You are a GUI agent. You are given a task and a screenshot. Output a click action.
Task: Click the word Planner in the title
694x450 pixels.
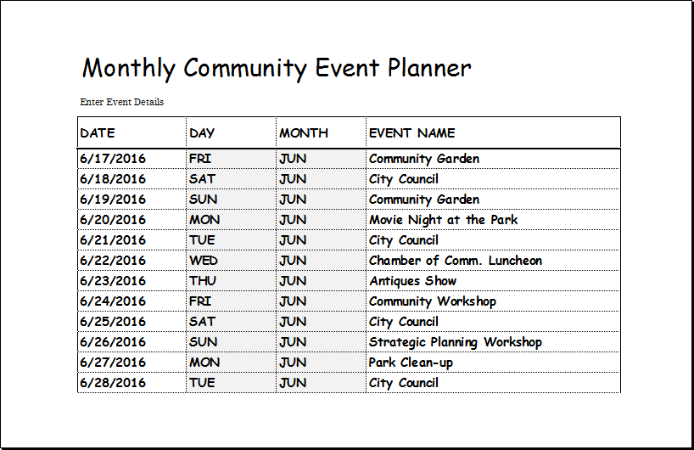click(429, 68)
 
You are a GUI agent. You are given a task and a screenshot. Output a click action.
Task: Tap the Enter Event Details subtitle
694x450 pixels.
click(121, 102)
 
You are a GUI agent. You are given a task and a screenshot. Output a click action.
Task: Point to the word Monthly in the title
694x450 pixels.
click(129, 69)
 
